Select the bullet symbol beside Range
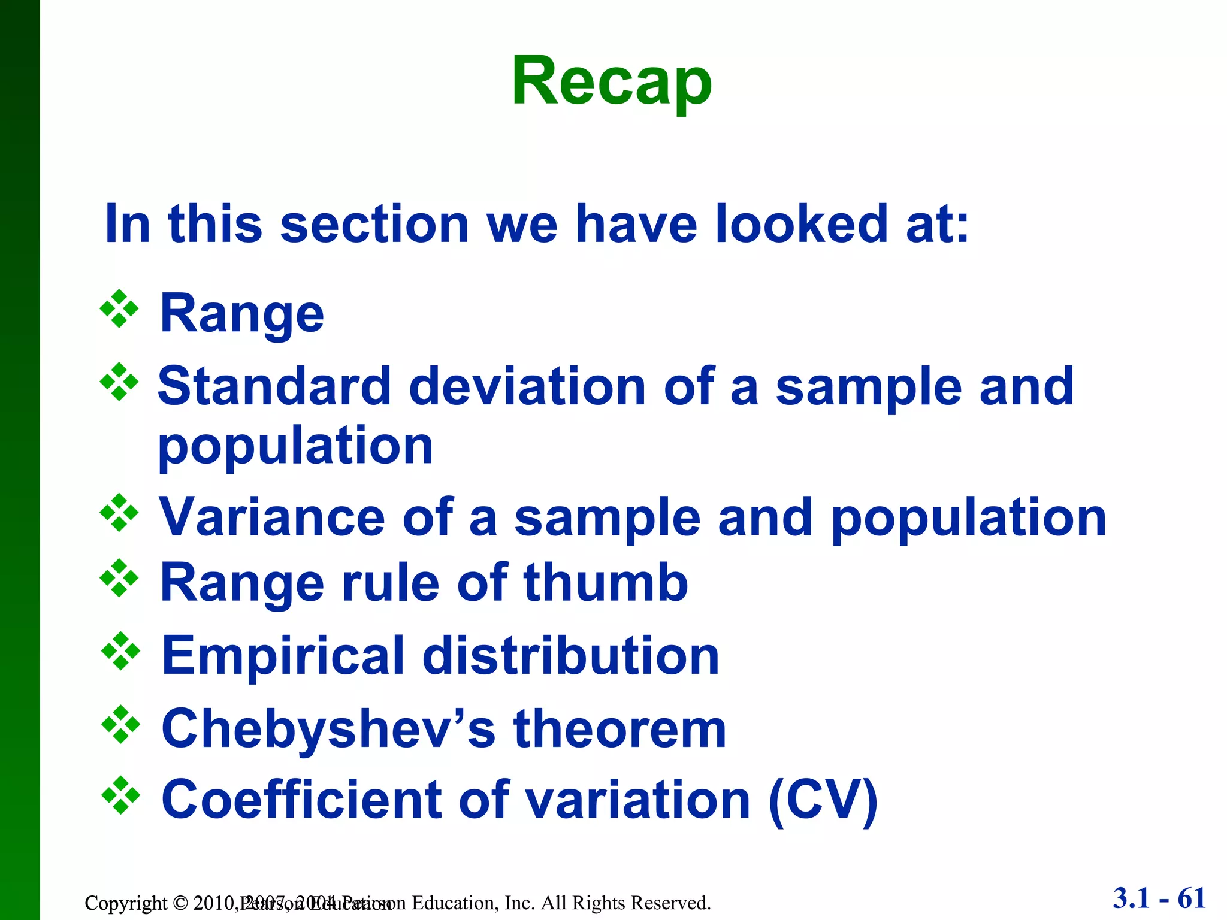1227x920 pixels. point(119,309)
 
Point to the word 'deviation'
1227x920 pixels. point(527,387)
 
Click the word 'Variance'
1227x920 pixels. point(271,517)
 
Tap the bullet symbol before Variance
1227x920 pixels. point(119,513)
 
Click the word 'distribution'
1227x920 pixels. point(570,656)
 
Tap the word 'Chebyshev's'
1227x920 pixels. point(328,730)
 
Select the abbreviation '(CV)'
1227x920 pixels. point(823,801)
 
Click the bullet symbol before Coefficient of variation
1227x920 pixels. point(120,795)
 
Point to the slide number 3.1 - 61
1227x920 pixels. point(1159,898)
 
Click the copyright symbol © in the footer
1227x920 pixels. point(180,903)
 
